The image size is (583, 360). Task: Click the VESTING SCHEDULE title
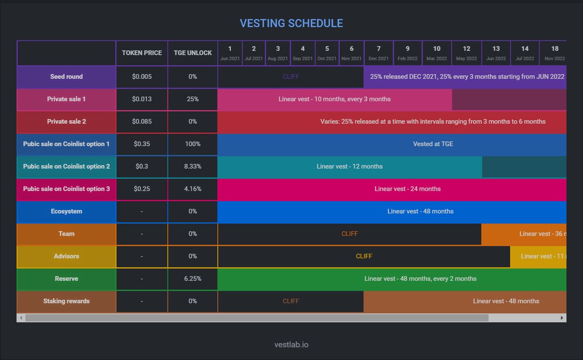coord(291,23)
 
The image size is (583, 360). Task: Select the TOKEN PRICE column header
coord(142,53)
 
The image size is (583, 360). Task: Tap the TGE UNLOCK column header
coord(193,53)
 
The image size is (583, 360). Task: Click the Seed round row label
coord(67,77)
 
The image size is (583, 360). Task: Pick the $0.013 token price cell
coord(142,99)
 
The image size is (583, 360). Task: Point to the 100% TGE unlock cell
coord(193,144)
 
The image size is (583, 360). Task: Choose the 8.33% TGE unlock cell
coord(193,167)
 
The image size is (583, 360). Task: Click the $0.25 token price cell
coord(142,189)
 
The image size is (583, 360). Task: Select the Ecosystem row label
coord(67,211)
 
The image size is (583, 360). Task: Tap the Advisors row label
coord(67,256)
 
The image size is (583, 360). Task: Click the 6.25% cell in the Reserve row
coord(193,279)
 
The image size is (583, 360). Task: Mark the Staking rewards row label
coord(67,301)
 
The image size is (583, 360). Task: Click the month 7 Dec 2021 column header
coord(378,53)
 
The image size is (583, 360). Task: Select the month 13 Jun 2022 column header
coord(496,53)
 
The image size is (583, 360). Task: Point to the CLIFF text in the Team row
coord(349,234)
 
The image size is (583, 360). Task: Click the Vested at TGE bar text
coord(433,144)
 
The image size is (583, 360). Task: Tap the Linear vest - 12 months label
coord(349,167)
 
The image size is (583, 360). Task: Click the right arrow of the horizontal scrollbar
coord(562,318)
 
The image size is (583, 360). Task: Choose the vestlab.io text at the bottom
coord(291,344)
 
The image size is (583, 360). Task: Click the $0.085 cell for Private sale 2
coord(142,121)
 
